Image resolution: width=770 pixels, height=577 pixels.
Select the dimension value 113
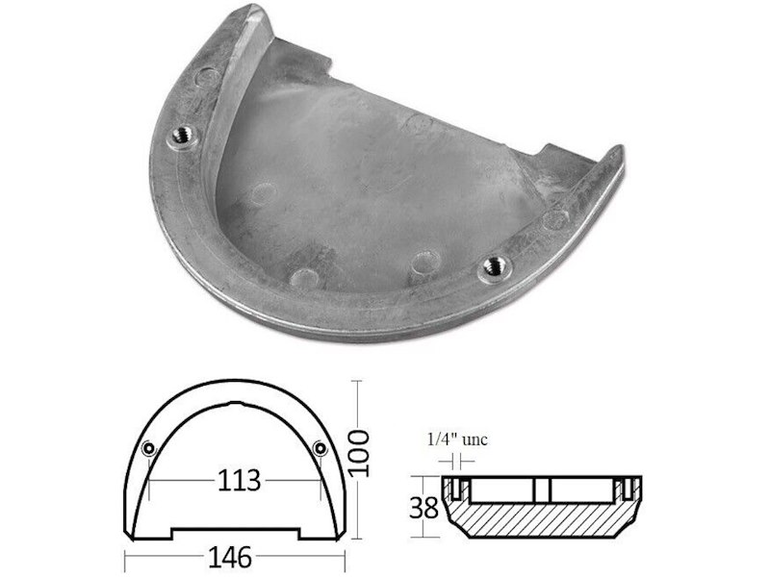[x=237, y=479]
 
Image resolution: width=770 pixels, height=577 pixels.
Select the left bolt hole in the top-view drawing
[x=147, y=449]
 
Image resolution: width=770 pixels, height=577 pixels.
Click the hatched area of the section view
[x=549, y=519]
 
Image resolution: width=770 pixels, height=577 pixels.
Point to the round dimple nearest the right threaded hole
[x=421, y=262]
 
